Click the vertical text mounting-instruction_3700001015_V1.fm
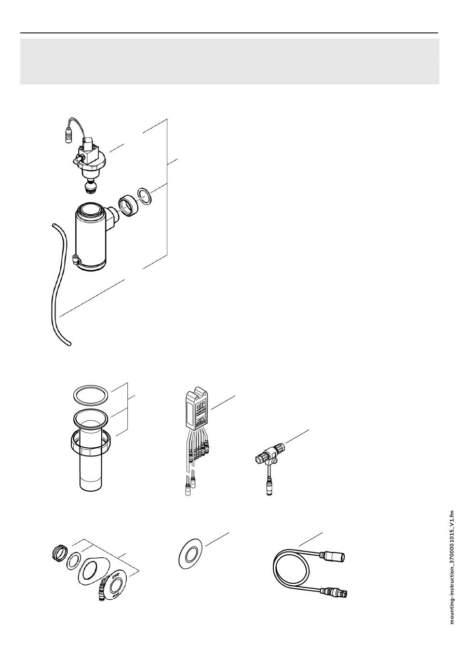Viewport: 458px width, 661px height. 451,567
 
